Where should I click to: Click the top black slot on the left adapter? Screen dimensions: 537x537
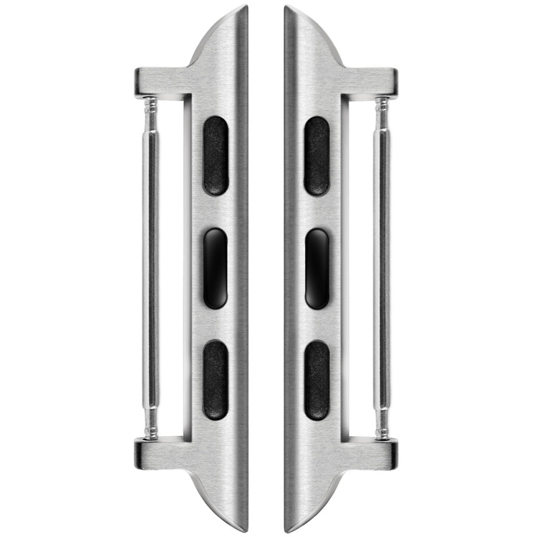(215, 155)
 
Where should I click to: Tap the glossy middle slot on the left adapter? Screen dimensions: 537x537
(215, 268)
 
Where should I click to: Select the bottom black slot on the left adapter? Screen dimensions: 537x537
(215, 380)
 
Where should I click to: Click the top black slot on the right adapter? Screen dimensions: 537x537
(317, 155)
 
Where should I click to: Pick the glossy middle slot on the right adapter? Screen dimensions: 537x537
(317, 268)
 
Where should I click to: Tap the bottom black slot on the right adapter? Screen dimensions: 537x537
(317, 380)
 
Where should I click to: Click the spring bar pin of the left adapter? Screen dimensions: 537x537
(150, 268)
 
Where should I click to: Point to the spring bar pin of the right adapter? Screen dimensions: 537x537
(382, 268)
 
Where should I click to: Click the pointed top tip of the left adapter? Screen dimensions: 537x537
(245, 9)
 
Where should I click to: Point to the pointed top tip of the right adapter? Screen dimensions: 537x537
(287, 9)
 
